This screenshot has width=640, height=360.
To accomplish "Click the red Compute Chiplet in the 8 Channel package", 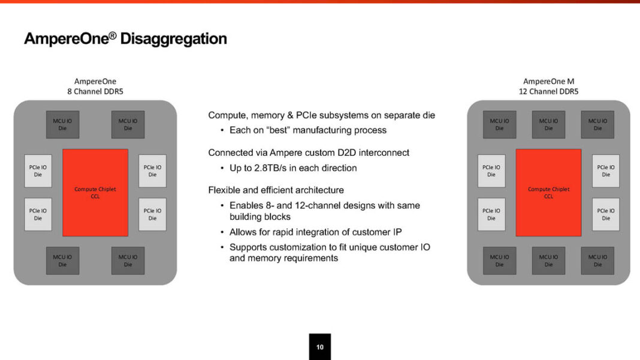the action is click(x=95, y=193).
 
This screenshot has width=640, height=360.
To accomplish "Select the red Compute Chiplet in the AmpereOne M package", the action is click(x=548, y=193).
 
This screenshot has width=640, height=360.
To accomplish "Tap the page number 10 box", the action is click(x=320, y=347).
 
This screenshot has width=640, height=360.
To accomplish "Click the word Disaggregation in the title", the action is click(x=173, y=39).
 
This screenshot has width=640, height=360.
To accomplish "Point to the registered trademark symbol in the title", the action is click(x=113, y=35).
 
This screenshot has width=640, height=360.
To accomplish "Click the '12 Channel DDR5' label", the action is click(x=548, y=92).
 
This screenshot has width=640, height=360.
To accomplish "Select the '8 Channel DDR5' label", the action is click(x=95, y=92).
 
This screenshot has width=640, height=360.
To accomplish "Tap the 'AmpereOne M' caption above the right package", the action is click(x=548, y=81).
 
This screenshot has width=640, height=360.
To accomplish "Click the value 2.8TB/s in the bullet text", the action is click(x=271, y=168).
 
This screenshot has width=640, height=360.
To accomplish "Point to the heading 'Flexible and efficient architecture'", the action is click(x=276, y=190).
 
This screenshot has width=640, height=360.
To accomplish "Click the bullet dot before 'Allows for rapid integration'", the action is click(x=222, y=232).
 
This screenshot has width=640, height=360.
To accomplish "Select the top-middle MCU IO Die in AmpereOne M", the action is click(x=548, y=125).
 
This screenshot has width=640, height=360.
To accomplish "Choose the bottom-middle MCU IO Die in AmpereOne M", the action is click(x=548, y=261).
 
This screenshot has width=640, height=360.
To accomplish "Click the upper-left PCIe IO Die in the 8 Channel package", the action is click(x=38, y=171).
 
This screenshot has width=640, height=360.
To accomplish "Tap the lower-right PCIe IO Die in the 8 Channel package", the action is click(x=152, y=214).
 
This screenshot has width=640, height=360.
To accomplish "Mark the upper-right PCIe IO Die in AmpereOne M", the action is click(x=606, y=171).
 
